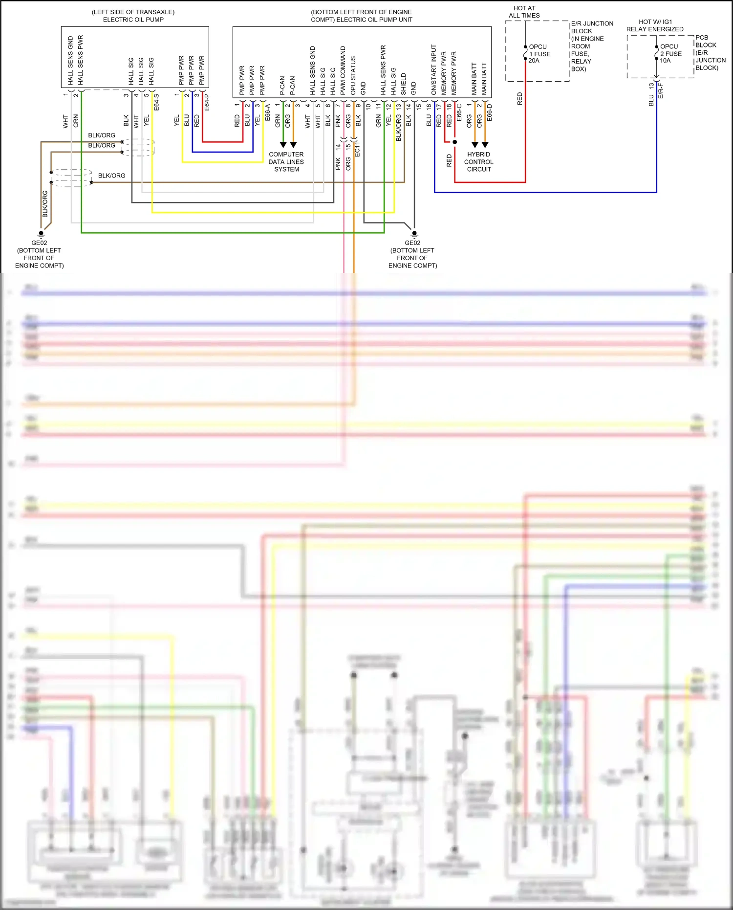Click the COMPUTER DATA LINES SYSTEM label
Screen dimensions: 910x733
[x=286, y=162]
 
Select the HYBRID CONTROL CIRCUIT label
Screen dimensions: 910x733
[x=478, y=162]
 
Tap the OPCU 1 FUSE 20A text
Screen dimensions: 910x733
[x=539, y=54]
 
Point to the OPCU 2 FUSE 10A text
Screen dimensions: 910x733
[x=670, y=54]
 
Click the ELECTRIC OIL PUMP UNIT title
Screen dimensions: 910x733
[x=361, y=16]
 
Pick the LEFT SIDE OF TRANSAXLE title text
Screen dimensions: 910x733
[x=133, y=16]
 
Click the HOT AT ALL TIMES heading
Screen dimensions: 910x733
[x=524, y=12]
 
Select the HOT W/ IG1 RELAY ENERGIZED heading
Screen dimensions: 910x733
[x=655, y=25]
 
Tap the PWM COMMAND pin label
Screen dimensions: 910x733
[x=343, y=70]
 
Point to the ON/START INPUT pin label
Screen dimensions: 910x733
[x=433, y=69]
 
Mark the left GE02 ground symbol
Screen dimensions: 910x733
[x=41, y=233]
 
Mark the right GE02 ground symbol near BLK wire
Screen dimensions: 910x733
[x=414, y=233]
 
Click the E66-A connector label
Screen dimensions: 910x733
[x=267, y=112]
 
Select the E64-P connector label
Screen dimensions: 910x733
[x=207, y=102]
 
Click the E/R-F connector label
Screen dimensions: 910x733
[x=661, y=90]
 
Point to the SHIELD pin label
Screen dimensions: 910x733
[x=403, y=84]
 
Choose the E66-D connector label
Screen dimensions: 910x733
[x=489, y=112]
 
